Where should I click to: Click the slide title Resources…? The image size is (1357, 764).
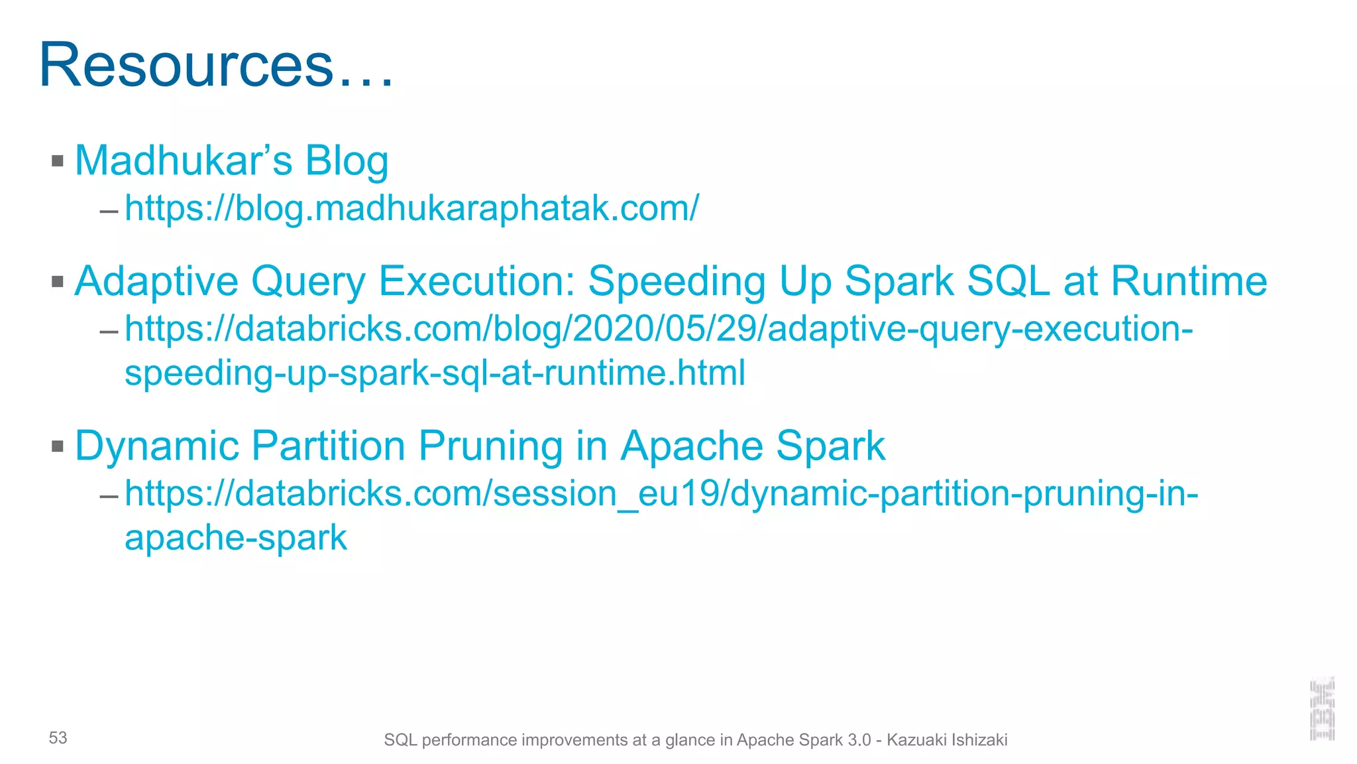pyautogui.click(x=216, y=65)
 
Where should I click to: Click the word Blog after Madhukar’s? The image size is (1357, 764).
pyautogui.click(x=346, y=162)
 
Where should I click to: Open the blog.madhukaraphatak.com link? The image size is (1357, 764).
pyautogui.click(x=411, y=208)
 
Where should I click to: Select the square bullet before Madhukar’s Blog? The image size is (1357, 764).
pyautogui.click(x=58, y=160)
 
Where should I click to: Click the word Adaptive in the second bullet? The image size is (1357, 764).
pyautogui.click(x=156, y=281)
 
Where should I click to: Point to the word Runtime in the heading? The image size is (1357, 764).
pyautogui.click(x=1189, y=281)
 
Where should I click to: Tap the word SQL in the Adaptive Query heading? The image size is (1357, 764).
pyautogui.click(x=1008, y=281)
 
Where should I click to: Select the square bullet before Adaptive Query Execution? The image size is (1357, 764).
pyautogui.click(x=58, y=282)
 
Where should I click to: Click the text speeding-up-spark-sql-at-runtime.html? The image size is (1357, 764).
pyautogui.click(x=435, y=373)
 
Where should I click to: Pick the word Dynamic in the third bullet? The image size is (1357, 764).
pyautogui.click(x=157, y=446)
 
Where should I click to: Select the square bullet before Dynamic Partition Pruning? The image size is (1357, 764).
pyautogui.click(x=58, y=446)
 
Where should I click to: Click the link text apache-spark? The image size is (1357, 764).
pyautogui.click(x=236, y=537)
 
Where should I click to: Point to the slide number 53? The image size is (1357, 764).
pyautogui.click(x=58, y=738)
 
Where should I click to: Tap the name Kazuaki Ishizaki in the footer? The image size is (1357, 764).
pyautogui.click(x=947, y=740)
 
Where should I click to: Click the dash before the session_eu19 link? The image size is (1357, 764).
pyautogui.click(x=109, y=495)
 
